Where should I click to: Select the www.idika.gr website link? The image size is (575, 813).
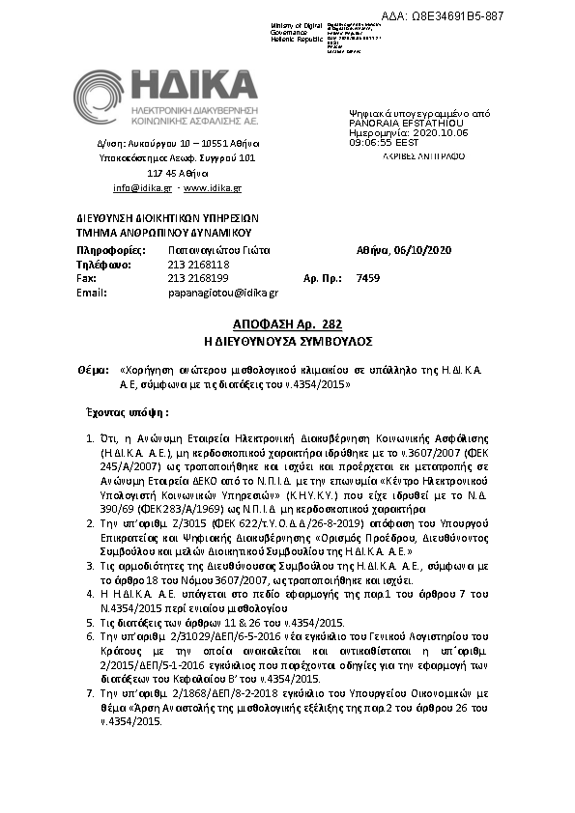click(212, 187)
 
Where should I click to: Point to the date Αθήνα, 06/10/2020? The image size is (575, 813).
click(397, 250)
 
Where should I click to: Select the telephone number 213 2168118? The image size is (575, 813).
click(198, 264)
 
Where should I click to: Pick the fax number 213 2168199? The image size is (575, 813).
click(198, 278)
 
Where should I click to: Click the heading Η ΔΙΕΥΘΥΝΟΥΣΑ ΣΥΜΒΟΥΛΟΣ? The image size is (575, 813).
click(287, 341)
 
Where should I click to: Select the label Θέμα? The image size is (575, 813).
click(92, 370)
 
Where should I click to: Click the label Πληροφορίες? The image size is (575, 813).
click(103, 250)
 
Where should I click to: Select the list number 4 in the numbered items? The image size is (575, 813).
click(90, 597)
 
